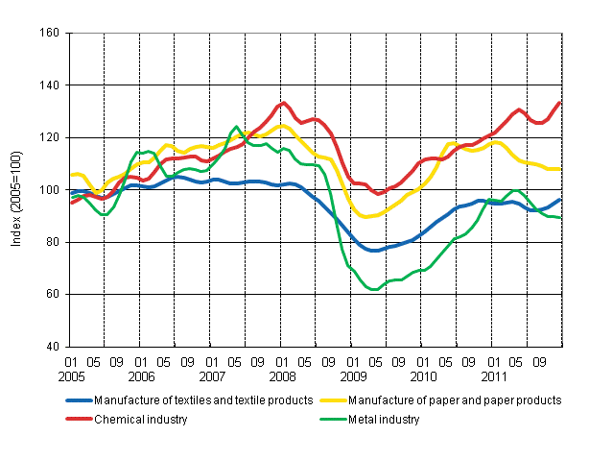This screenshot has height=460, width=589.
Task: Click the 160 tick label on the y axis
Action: tap(50, 33)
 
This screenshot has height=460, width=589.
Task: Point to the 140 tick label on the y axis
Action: tap(50, 85)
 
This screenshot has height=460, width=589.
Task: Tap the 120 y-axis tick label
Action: tap(50, 137)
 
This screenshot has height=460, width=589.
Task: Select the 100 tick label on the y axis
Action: tap(50, 190)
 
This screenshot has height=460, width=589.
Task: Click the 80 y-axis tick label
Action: tap(53, 242)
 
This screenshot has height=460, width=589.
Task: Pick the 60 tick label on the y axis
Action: tap(53, 294)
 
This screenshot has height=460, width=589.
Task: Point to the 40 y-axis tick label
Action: tap(53, 347)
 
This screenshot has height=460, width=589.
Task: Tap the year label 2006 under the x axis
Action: tap(142, 376)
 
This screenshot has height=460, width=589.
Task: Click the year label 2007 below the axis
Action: tap(212, 376)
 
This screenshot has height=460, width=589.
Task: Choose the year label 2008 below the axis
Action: tap(282, 376)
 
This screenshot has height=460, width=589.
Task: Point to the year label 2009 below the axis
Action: tap(352, 376)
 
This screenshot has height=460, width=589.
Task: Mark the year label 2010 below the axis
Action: tap(422, 376)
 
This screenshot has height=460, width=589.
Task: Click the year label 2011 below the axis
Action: tap(492, 376)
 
